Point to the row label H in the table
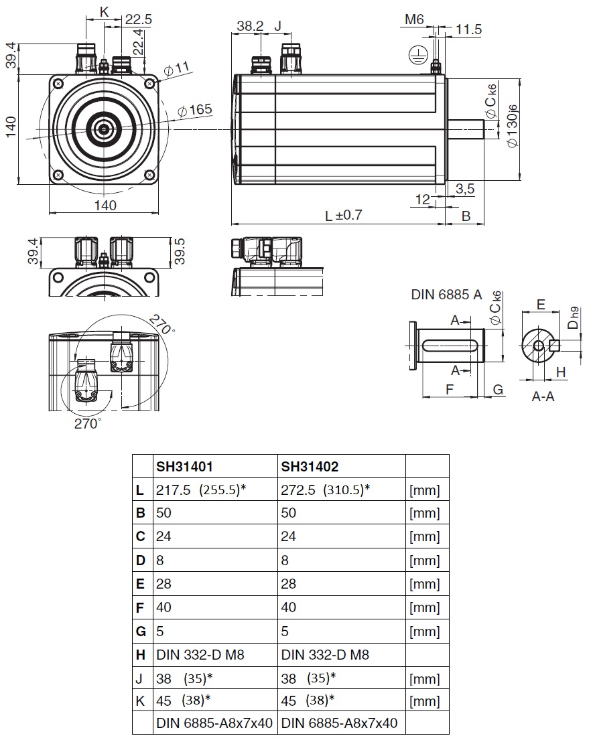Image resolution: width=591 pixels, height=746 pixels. click(139, 654)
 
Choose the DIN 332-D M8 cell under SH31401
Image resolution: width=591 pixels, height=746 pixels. click(200, 654)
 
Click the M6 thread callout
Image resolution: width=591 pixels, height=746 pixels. click(415, 20)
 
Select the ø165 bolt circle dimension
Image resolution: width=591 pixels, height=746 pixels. click(196, 109)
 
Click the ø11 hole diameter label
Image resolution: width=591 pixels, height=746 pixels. click(178, 68)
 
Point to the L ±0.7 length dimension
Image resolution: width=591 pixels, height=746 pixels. click(343, 216)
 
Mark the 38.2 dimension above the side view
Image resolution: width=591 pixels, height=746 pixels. click(250, 26)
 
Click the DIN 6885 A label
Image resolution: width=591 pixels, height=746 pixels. click(446, 294)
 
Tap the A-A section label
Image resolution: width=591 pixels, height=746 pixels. click(543, 396)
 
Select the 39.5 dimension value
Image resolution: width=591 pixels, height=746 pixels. click(179, 250)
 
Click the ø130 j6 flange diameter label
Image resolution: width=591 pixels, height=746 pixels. click(513, 127)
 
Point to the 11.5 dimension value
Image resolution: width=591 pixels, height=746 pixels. click(468, 29)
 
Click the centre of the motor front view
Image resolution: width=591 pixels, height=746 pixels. click(105, 127)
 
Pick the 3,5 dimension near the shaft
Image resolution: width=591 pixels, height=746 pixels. click(464, 189)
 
